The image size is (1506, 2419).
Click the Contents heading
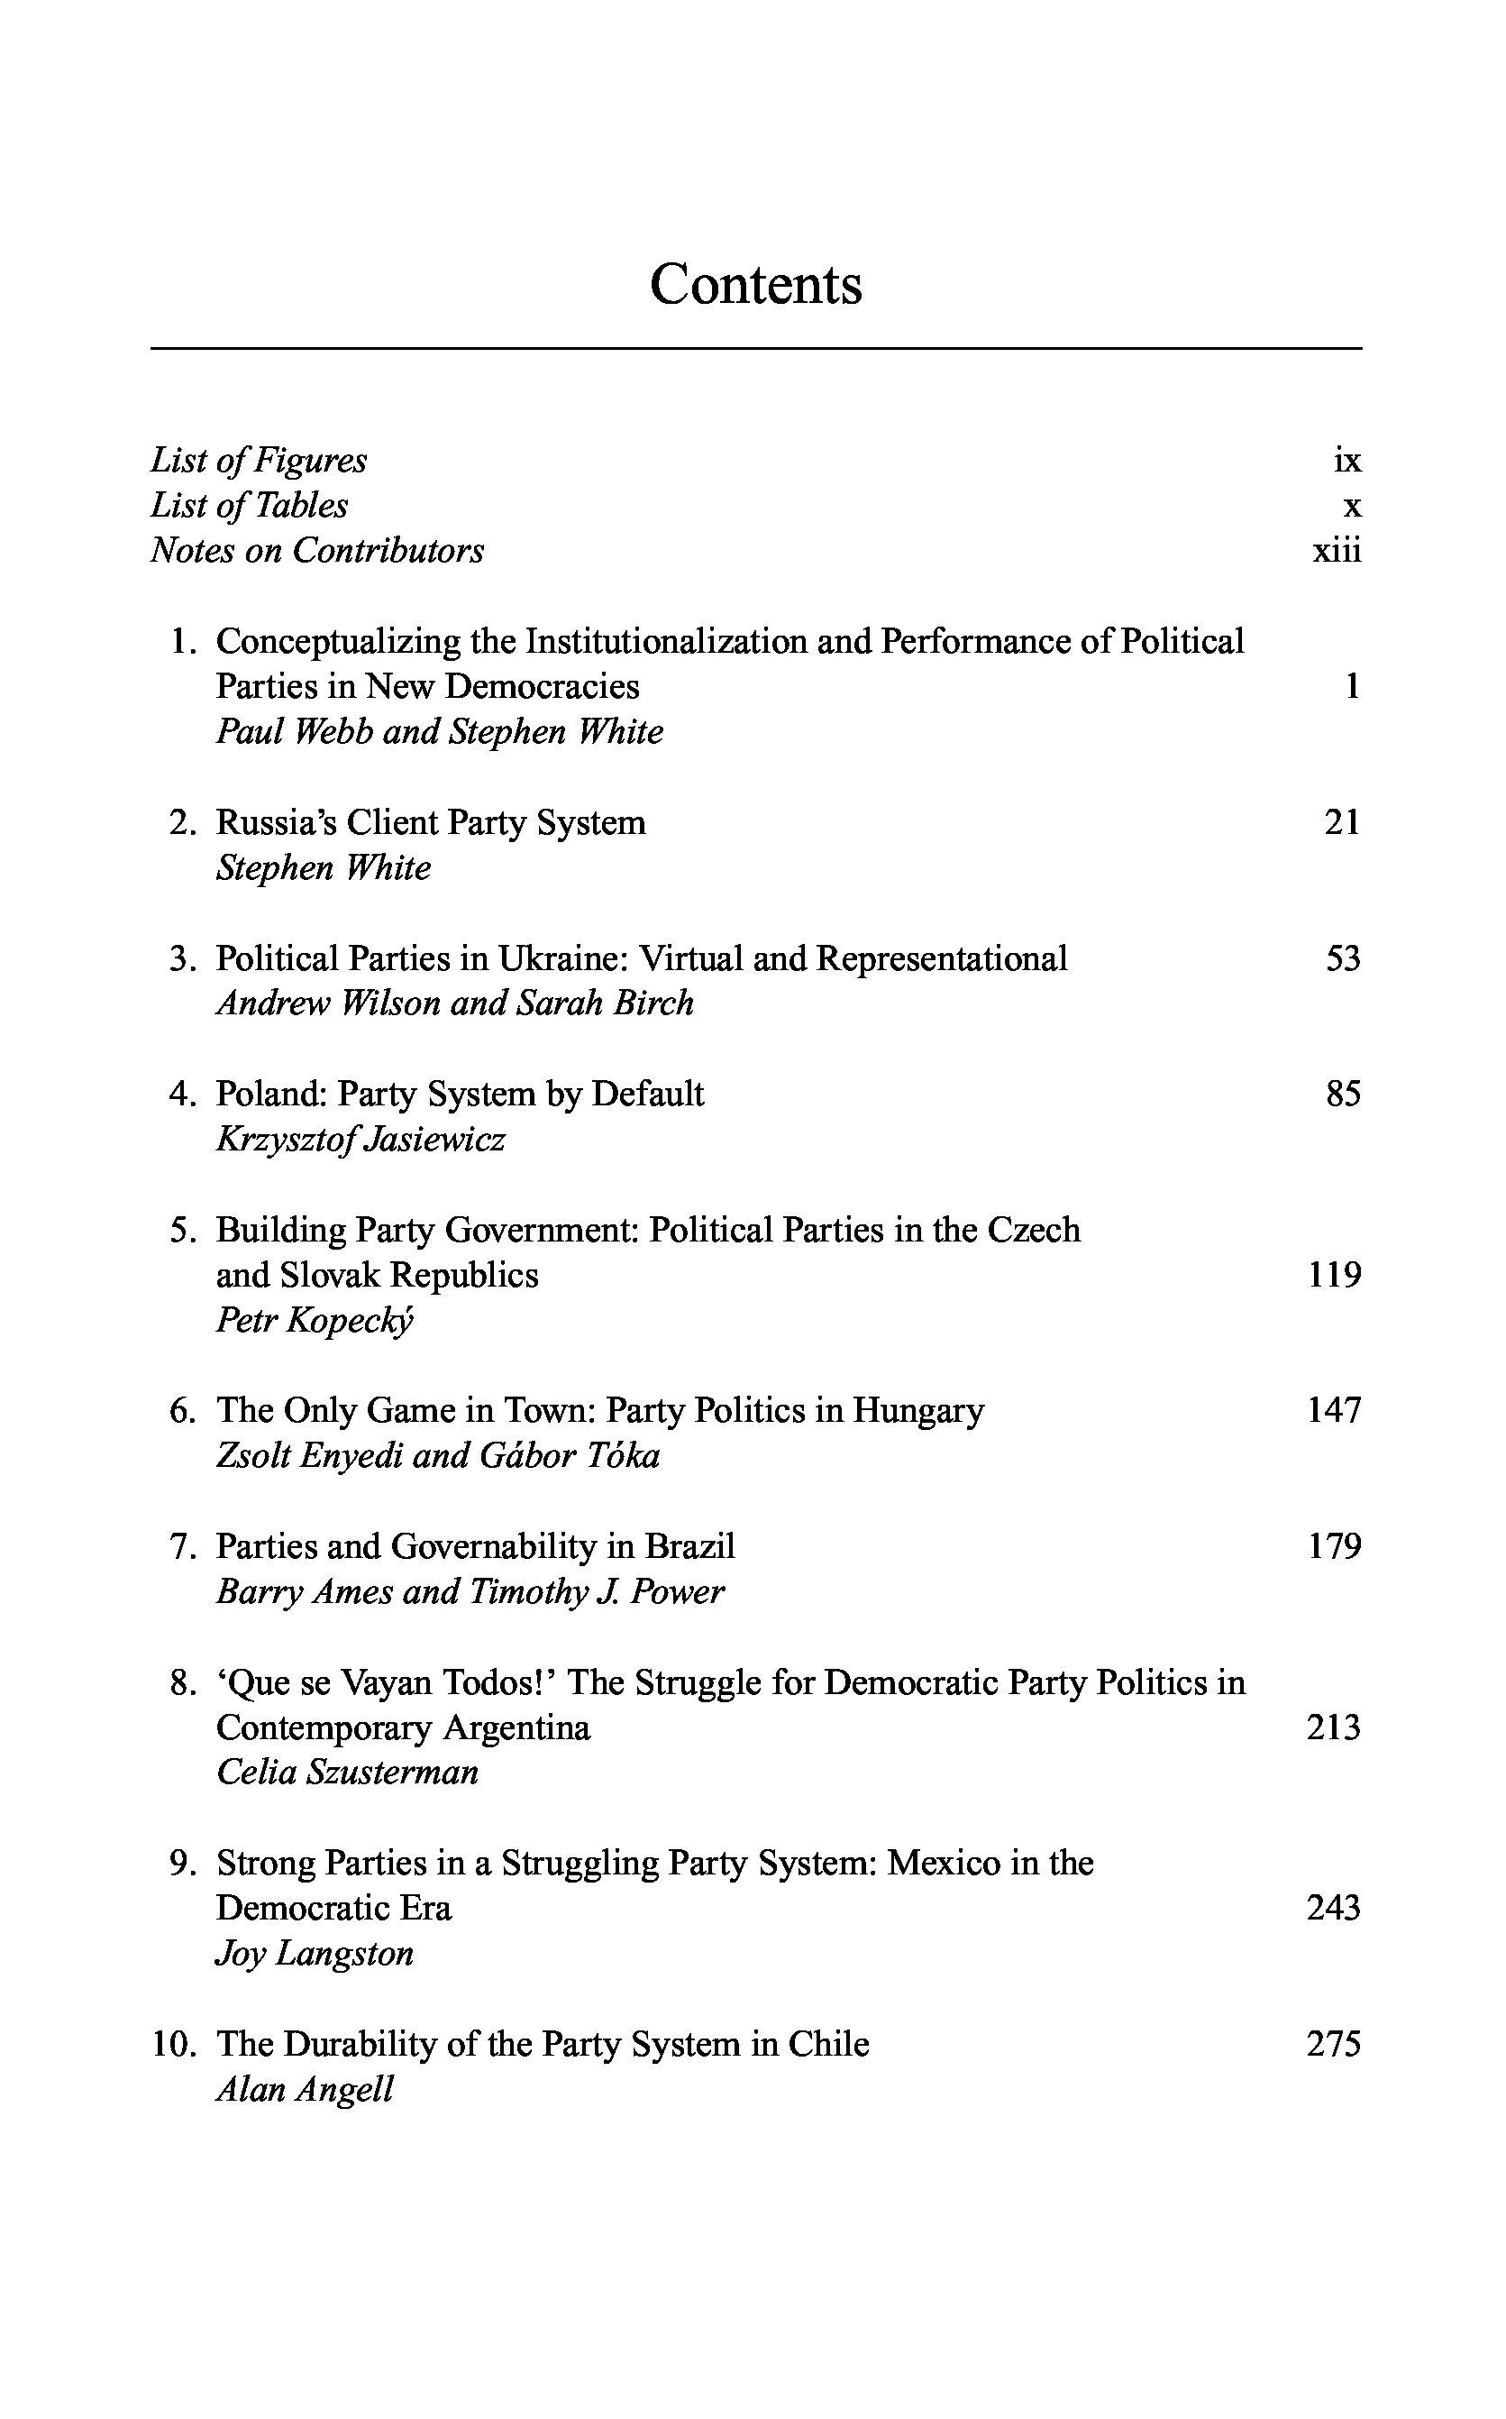click(x=755, y=285)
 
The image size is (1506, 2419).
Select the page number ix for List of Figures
click(x=1346, y=461)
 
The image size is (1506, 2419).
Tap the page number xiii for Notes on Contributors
click(x=1336, y=551)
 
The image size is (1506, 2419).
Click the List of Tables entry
click(x=249, y=506)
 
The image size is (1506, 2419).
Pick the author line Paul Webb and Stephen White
click(x=439, y=732)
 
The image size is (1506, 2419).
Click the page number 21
click(x=1342, y=823)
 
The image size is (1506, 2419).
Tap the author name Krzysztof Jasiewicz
click(x=361, y=1140)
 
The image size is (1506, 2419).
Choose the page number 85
click(x=1343, y=1095)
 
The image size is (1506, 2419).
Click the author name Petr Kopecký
click(x=315, y=1321)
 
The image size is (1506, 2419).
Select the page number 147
click(x=1334, y=1411)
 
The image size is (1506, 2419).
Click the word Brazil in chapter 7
click(x=689, y=1547)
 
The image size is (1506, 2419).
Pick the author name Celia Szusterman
click(x=348, y=1773)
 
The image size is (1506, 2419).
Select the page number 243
click(x=1334, y=1909)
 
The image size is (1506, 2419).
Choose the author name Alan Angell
click(x=305, y=2090)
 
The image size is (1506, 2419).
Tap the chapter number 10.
click(x=173, y=2046)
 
